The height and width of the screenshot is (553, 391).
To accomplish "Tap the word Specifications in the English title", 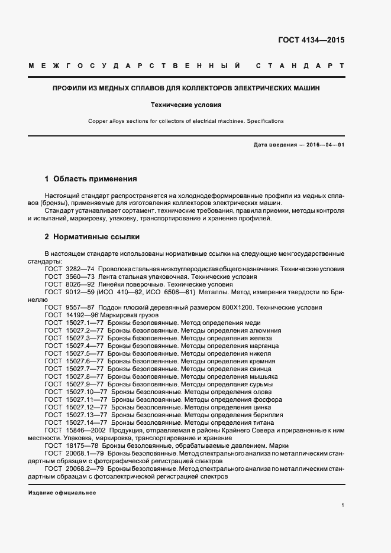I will pyautogui.click(x=264, y=121).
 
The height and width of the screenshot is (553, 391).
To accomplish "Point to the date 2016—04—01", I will pyautogui.click(x=323, y=145).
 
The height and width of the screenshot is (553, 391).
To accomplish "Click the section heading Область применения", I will pyautogui.click(x=95, y=178).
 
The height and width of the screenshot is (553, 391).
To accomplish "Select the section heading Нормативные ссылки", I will pyautogui.click(x=96, y=237).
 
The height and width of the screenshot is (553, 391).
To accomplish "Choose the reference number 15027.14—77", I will pyautogui.click(x=87, y=422).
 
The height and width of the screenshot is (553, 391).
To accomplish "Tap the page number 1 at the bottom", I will pyautogui.click(x=342, y=505).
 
